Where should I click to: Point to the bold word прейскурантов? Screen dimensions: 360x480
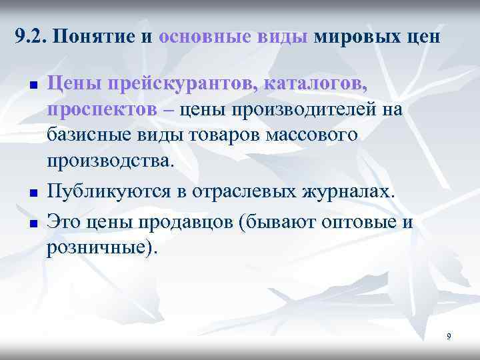click(x=169, y=84)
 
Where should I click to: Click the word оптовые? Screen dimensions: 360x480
click(x=356, y=222)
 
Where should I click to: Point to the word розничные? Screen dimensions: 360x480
click(x=100, y=247)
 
